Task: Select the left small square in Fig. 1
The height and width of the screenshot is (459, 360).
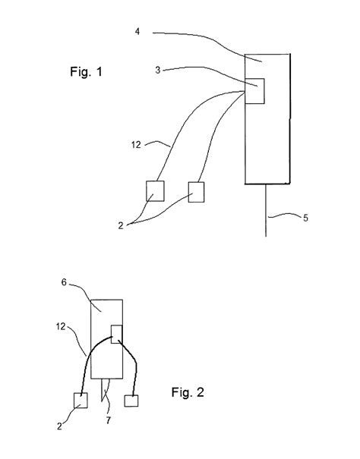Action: (x=155, y=190)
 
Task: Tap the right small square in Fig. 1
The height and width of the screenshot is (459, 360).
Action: (x=197, y=192)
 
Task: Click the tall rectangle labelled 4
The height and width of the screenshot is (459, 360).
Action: (x=267, y=144)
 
